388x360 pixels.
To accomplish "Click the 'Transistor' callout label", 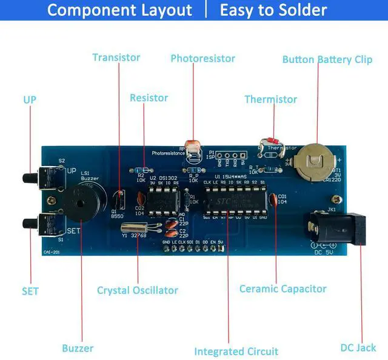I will point(116,58).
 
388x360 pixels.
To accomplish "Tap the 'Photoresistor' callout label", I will point(202,59).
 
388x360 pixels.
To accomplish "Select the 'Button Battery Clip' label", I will point(327,60).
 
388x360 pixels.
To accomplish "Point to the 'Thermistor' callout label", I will point(270,99).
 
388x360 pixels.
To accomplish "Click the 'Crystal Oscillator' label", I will point(138,290).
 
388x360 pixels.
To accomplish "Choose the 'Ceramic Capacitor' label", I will point(283,289).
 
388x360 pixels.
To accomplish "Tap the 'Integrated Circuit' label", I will point(236,352).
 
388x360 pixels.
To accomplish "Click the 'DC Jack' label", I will point(358,348).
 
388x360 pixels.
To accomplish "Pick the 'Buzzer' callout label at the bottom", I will point(78,348).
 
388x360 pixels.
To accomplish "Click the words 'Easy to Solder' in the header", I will point(273,10).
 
